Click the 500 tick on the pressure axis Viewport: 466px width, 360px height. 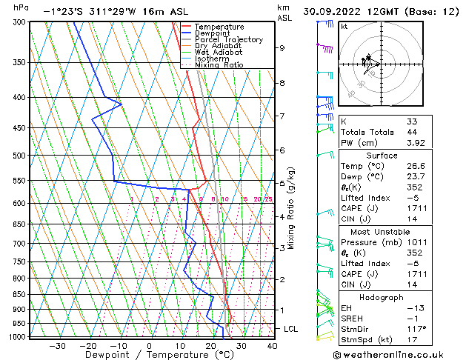tap(19, 156)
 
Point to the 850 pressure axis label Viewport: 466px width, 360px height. tap(19, 294)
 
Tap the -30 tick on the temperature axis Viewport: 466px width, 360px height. tap(57, 345)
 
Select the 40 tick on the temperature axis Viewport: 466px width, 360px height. tap(272, 345)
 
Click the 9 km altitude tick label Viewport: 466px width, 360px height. tap(282, 48)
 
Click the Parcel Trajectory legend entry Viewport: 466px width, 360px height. tap(228, 40)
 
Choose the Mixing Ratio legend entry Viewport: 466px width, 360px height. tap(219, 65)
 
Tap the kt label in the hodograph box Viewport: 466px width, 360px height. tap(344, 26)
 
